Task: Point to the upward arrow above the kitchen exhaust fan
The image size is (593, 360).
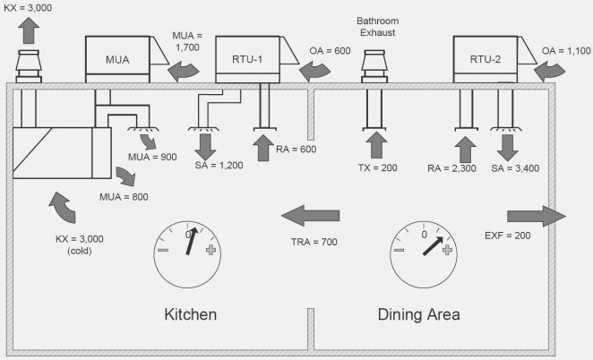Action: pyautogui.click(x=30, y=30)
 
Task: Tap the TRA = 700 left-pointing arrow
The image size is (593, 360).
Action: pyautogui.click(x=311, y=215)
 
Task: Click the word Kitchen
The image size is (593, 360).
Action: pyautogui.click(x=190, y=314)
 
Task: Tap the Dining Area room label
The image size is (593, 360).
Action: pyautogui.click(x=419, y=314)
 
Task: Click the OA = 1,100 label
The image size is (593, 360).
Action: pyautogui.click(x=565, y=52)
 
